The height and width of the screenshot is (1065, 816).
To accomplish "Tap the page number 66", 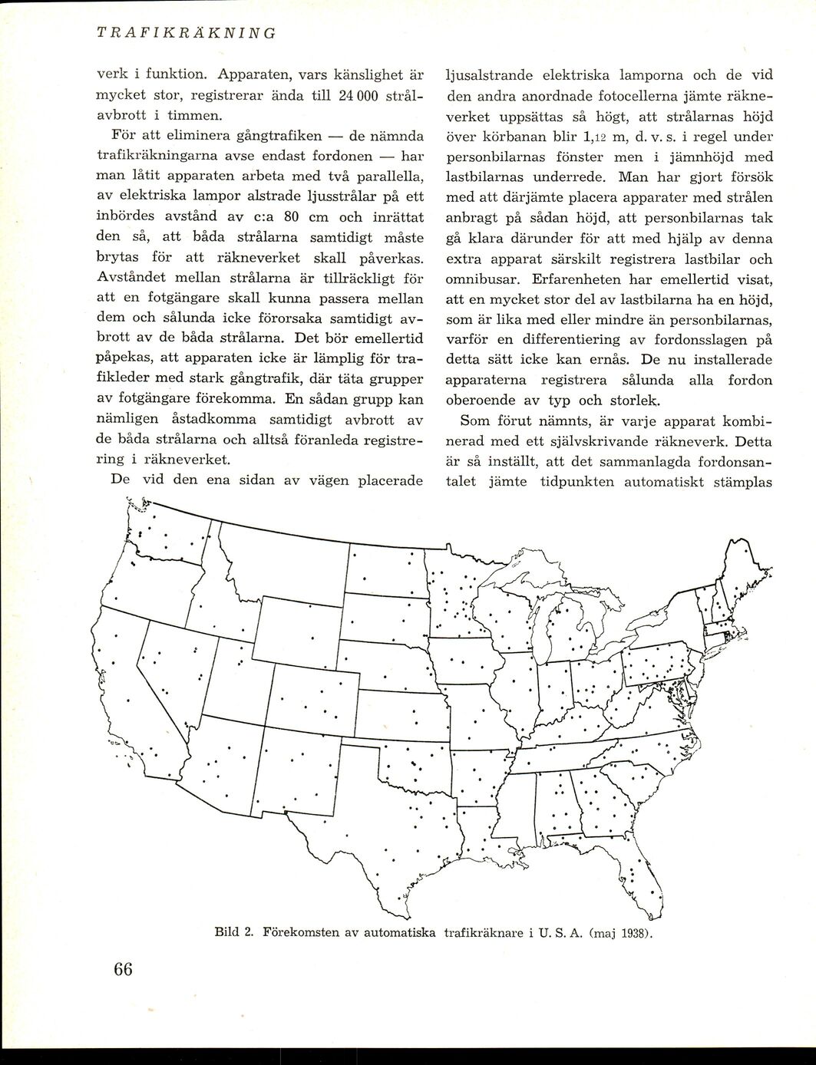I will click(123, 969).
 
